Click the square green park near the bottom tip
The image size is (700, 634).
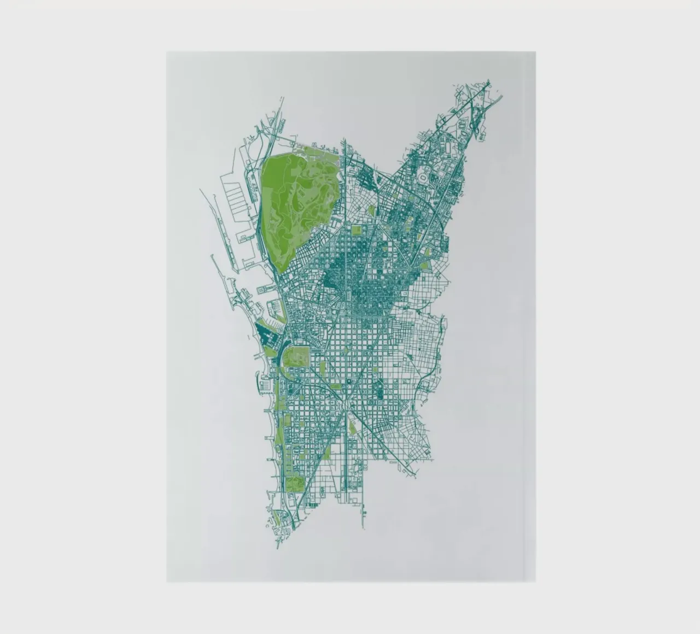click(295, 484)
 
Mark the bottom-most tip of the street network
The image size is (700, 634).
click(278, 548)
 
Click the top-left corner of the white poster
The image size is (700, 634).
click(167, 52)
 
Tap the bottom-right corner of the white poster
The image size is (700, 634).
click(535, 582)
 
